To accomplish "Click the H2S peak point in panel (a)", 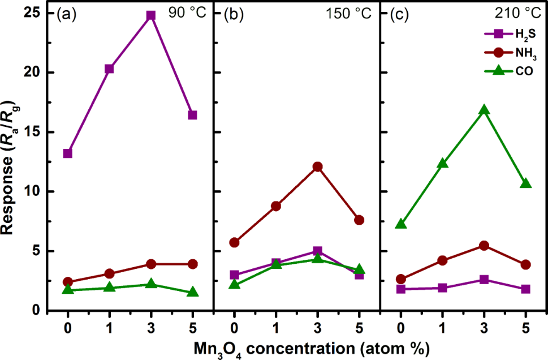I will (x=150, y=15).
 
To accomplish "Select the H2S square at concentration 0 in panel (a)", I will (x=68, y=153).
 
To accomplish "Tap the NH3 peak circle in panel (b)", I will (x=317, y=166).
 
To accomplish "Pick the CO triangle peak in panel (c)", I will (x=484, y=110).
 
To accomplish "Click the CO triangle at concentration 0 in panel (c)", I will (x=401, y=224).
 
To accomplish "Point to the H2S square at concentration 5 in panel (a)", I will (x=192, y=115).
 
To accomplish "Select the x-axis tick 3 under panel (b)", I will (x=317, y=326).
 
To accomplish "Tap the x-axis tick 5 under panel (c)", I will (x=525, y=326).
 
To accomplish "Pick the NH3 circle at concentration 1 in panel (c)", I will (x=442, y=260).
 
